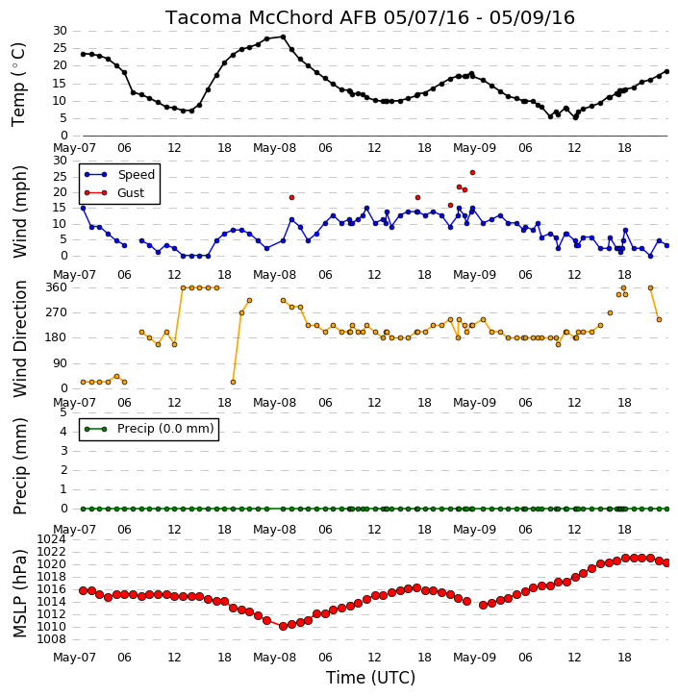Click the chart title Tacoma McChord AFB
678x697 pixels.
[x=270, y=17]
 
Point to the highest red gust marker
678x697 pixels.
[x=472, y=172]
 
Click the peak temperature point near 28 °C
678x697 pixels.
[x=283, y=37]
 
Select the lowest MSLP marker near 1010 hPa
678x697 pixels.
[x=283, y=626]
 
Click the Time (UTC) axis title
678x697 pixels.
[x=370, y=678]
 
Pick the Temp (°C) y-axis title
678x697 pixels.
[x=18, y=85]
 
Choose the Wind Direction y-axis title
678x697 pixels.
[x=20, y=338]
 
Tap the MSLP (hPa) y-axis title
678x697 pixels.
[x=20, y=593]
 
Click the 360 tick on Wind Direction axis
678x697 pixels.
[x=57, y=287]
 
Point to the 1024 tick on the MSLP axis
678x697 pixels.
[x=51, y=539]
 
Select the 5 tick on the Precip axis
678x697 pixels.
[x=63, y=412]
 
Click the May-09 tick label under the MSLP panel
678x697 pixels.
[x=474, y=657]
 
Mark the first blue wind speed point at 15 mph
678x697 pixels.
[x=83, y=208]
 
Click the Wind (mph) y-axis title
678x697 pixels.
[x=20, y=212]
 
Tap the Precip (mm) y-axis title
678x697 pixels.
[x=20, y=466]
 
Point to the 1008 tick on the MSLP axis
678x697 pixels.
[x=51, y=639]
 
